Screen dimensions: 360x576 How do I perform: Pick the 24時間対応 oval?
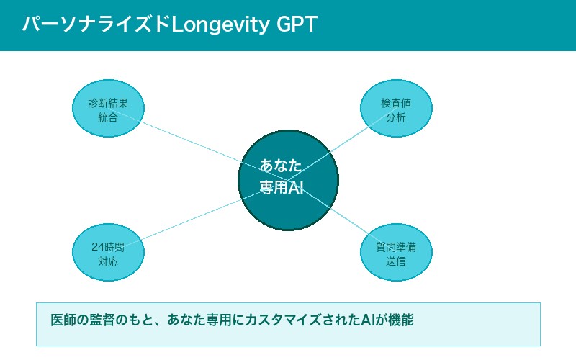pyautogui.click(x=108, y=253)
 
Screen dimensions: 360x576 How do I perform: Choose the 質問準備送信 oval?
pyautogui.click(x=396, y=253)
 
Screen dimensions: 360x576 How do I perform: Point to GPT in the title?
pyautogui.click(x=297, y=25)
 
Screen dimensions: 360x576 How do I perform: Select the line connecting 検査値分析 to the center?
pyautogui.click(x=338, y=148)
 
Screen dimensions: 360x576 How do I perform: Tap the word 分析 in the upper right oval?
pyautogui.click(x=396, y=117)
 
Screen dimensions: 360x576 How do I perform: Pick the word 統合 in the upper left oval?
pyautogui.click(x=108, y=117)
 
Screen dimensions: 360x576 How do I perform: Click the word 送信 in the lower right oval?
pyautogui.click(x=396, y=261)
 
